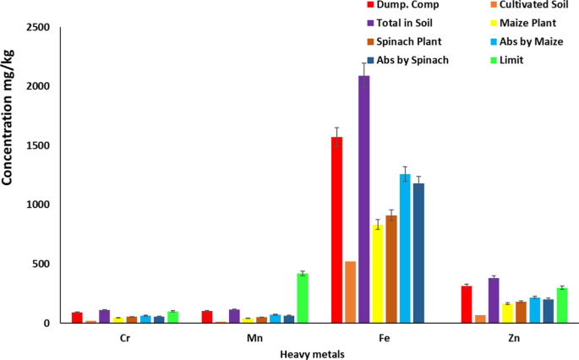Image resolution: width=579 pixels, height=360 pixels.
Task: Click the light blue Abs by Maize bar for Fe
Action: (x=405, y=248)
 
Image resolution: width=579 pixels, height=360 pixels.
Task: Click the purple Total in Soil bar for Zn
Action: (x=493, y=301)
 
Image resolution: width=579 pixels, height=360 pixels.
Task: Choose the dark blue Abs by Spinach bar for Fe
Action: (x=418, y=253)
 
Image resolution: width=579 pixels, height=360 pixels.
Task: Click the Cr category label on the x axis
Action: (x=124, y=336)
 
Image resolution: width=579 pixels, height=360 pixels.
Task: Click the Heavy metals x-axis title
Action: (x=312, y=354)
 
